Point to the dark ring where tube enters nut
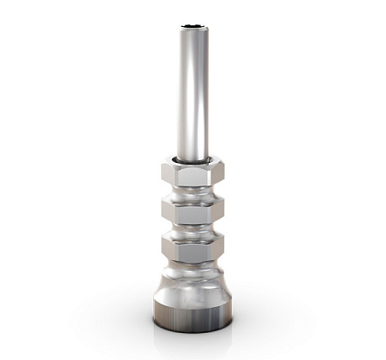[193, 162]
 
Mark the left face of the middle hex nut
[167, 211]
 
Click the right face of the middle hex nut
[217, 211]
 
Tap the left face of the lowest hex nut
[167, 246]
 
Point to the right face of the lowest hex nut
[217, 246]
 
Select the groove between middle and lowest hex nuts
[193, 229]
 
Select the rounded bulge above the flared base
[193, 273]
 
